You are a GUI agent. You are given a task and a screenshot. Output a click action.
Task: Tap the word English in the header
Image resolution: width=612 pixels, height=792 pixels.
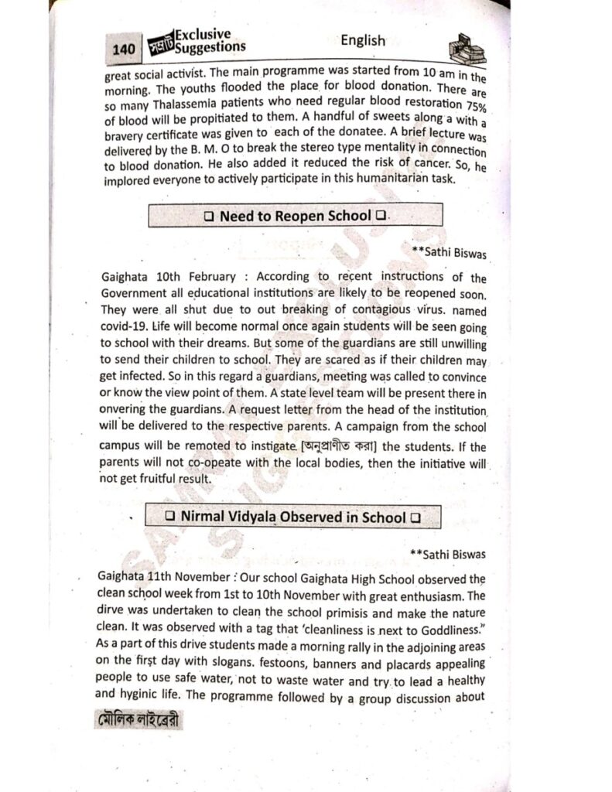[x=362, y=40]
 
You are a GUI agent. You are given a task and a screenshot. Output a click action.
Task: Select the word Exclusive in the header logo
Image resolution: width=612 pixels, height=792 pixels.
[x=203, y=35]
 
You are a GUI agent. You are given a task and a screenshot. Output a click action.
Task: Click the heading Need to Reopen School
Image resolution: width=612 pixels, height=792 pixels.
[x=295, y=216]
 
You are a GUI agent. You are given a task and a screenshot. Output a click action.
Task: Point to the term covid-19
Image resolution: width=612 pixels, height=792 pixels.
[x=123, y=325]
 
